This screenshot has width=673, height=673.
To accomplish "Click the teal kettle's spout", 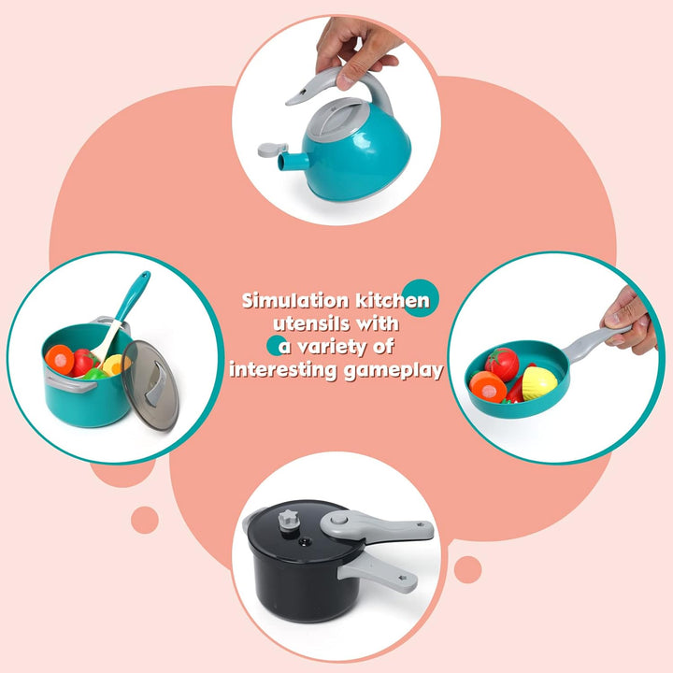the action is (294, 161).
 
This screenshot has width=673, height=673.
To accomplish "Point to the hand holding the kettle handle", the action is (356, 50).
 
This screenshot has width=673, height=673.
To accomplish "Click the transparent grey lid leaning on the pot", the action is (150, 385).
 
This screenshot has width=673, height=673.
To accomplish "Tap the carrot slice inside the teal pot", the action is (60, 359).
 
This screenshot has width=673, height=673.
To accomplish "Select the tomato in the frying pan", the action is (502, 364).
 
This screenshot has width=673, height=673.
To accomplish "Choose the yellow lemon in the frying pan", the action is (539, 382).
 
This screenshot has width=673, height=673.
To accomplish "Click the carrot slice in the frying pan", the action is (488, 387).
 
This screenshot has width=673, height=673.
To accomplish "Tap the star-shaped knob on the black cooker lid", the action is (289, 520).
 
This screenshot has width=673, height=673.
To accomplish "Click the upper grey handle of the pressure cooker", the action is (377, 526).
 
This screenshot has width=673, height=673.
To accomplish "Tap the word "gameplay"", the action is (394, 371).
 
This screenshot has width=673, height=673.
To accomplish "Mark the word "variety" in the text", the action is (333, 347).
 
